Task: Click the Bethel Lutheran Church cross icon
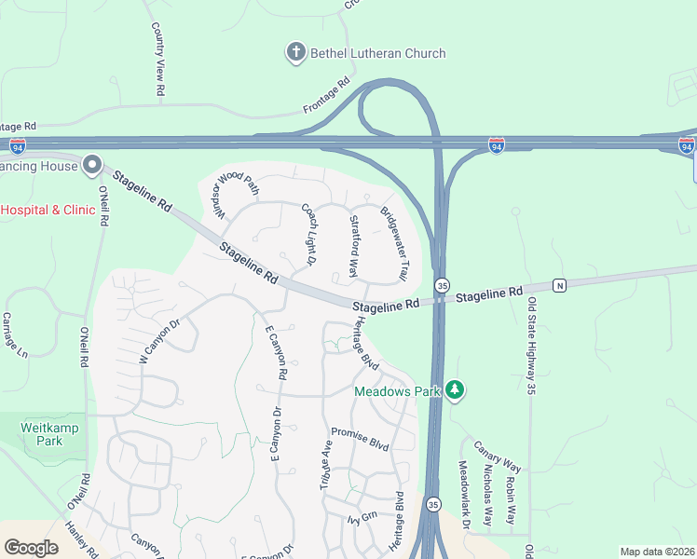point(296,52)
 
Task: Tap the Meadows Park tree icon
point(455,389)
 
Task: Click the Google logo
point(31,548)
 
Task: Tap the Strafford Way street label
point(353,246)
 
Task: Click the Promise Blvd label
point(360,440)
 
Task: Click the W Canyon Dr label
point(157,341)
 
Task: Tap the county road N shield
point(559,285)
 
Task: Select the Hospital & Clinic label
point(48,210)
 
